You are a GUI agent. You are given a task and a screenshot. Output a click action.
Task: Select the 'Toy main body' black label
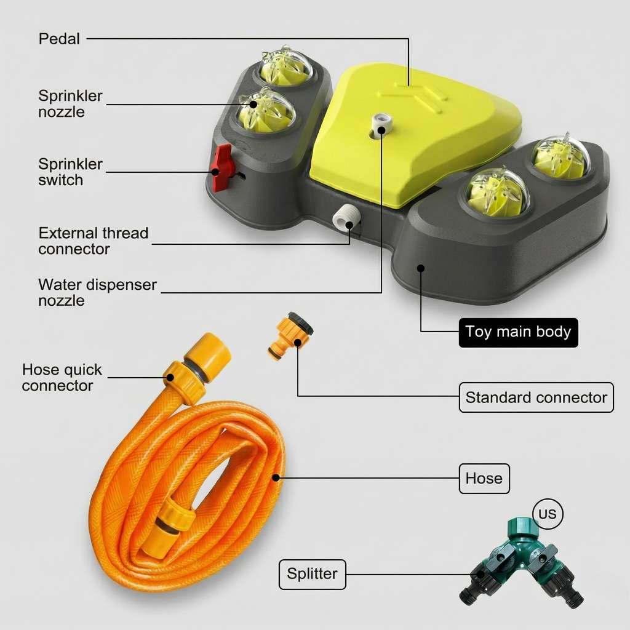click(518, 332)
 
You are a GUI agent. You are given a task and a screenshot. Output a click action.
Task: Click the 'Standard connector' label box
click(536, 397)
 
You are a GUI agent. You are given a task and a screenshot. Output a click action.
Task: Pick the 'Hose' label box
click(484, 479)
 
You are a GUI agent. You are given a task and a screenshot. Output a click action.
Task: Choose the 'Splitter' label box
click(312, 574)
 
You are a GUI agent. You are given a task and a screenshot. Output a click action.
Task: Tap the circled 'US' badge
click(547, 514)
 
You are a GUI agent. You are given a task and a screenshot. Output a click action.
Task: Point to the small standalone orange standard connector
click(291, 335)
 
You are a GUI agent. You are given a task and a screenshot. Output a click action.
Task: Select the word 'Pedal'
click(59, 39)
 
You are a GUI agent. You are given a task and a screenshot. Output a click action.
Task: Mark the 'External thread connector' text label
click(93, 241)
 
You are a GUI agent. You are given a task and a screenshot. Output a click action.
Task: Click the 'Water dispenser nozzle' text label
click(97, 293)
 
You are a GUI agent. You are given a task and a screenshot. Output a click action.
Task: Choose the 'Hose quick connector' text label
click(62, 378)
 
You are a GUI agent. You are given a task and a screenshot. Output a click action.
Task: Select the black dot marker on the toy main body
click(421, 268)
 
